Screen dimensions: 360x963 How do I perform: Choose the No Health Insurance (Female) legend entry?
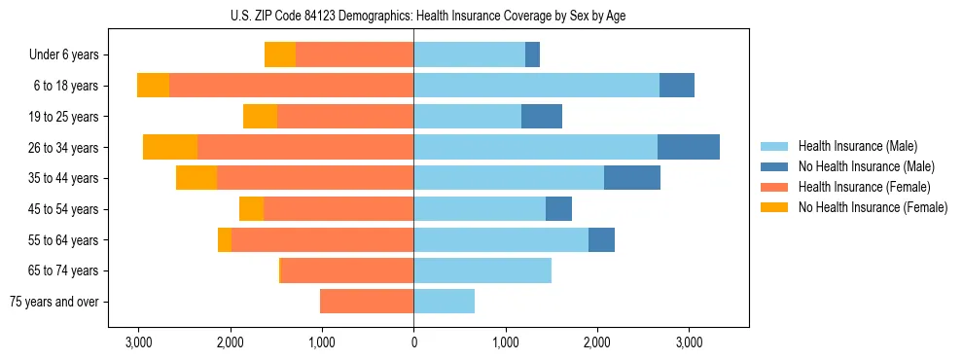(872, 207)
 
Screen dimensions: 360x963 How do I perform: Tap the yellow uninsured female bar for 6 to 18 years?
(153, 86)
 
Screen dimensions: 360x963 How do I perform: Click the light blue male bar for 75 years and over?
(444, 302)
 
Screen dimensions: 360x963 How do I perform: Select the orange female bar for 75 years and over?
(367, 302)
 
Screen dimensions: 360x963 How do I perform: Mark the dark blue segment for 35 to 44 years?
(631, 178)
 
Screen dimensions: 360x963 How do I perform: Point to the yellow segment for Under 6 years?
(280, 55)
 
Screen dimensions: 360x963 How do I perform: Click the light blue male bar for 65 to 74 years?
(482, 270)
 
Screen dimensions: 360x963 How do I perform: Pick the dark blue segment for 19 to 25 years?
(542, 117)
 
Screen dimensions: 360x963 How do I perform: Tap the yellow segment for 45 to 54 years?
(251, 209)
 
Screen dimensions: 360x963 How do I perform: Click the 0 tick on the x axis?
(413, 342)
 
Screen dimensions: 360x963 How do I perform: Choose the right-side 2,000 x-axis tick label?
(596, 342)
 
